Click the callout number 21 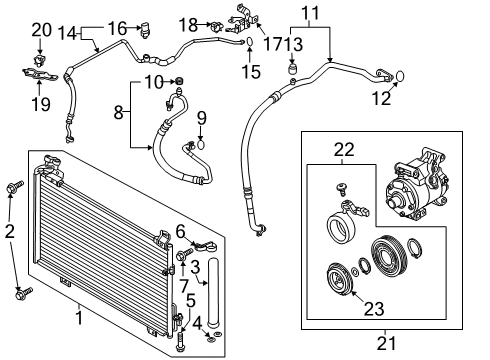click(x=386, y=343)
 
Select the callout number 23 click(x=374, y=309)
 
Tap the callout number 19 click(x=41, y=104)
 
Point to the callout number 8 click(x=119, y=112)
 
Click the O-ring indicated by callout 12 click(x=400, y=77)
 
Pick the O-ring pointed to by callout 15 click(x=250, y=42)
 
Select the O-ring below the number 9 click(x=201, y=145)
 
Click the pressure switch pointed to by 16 click(x=145, y=30)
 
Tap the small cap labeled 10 click(x=180, y=80)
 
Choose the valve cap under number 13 click(x=292, y=70)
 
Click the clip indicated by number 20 click(x=40, y=60)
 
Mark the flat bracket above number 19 click(x=40, y=74)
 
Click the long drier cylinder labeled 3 click(x=213, y=291)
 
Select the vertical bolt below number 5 click(x=180, y=340)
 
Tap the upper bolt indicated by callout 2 click(x=15, y=187)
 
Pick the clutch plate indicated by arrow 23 click(x=339, y=280)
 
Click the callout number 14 click(x=68, y=33)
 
